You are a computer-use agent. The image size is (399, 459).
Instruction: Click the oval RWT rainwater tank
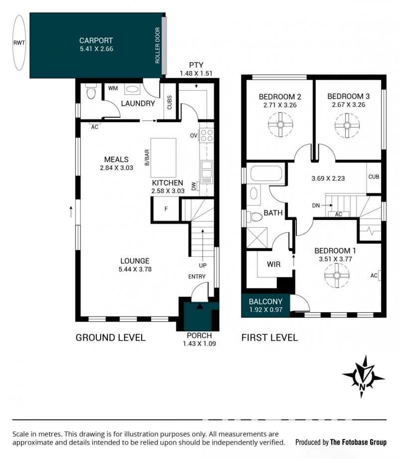click(x=19, y=43)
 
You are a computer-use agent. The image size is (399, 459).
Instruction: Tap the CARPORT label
click(x=96, y=40)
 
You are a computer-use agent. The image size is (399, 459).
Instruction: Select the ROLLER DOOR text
click(x=158, y=45)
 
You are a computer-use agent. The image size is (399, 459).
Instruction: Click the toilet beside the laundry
click(x=91, y=92)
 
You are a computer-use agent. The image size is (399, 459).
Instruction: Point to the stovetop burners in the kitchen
click(x=206, y=135)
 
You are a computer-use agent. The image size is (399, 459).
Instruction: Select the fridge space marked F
click(x=166, y=209)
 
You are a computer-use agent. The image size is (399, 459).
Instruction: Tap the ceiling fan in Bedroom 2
click(x=280, y=125)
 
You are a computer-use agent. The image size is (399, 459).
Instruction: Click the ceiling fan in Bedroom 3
click(x=347, y=126)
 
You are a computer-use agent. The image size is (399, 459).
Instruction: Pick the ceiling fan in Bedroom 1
click(x=337, y=275)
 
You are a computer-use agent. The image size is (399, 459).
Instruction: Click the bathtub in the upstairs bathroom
click(x=266, y=174)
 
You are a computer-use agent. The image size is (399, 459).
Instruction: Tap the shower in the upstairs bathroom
click(x=257, y=238)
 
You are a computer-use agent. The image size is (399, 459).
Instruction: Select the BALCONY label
click(x=265, y=301)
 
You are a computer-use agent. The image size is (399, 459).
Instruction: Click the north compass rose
click(x=363, y=377)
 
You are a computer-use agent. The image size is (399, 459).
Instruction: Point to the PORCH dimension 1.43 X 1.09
click(x=199, y=344)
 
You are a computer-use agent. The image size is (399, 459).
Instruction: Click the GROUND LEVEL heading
click(x=110, y=338)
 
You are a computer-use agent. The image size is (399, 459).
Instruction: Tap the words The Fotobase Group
click(x=358, y=442)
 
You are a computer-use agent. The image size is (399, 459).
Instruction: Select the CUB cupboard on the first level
click(x=374, y=178)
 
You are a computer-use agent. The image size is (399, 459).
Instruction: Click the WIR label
click(x=274, y=264)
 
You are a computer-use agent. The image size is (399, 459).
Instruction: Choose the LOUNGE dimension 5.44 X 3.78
click(x=135, y=269)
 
